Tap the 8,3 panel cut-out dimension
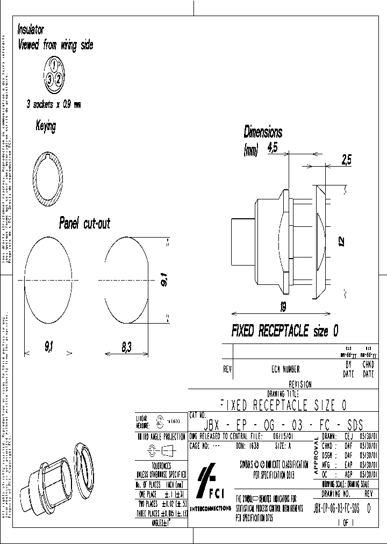coord(126,348)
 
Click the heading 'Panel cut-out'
coord(84,223)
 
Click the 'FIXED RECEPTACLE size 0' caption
coord(284,331)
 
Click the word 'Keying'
coord(46,126)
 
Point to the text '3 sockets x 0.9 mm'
coord(53,105)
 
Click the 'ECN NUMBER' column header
coord(285,369)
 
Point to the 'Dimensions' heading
coord(262,132)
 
